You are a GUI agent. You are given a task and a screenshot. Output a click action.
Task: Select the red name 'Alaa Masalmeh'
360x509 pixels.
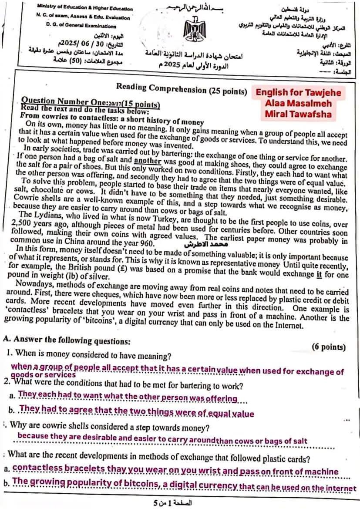pyautogui.click(x=298, y=104)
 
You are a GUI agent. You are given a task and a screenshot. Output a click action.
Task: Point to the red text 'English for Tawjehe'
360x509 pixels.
pyautogui.click(x=298, y=93)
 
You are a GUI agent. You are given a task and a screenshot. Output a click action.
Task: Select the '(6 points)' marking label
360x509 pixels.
pyautogui.click(x=329, y=347)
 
